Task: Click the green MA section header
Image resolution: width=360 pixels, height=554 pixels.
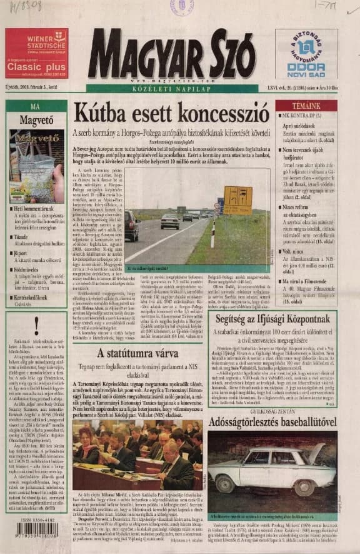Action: pos(36,106)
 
